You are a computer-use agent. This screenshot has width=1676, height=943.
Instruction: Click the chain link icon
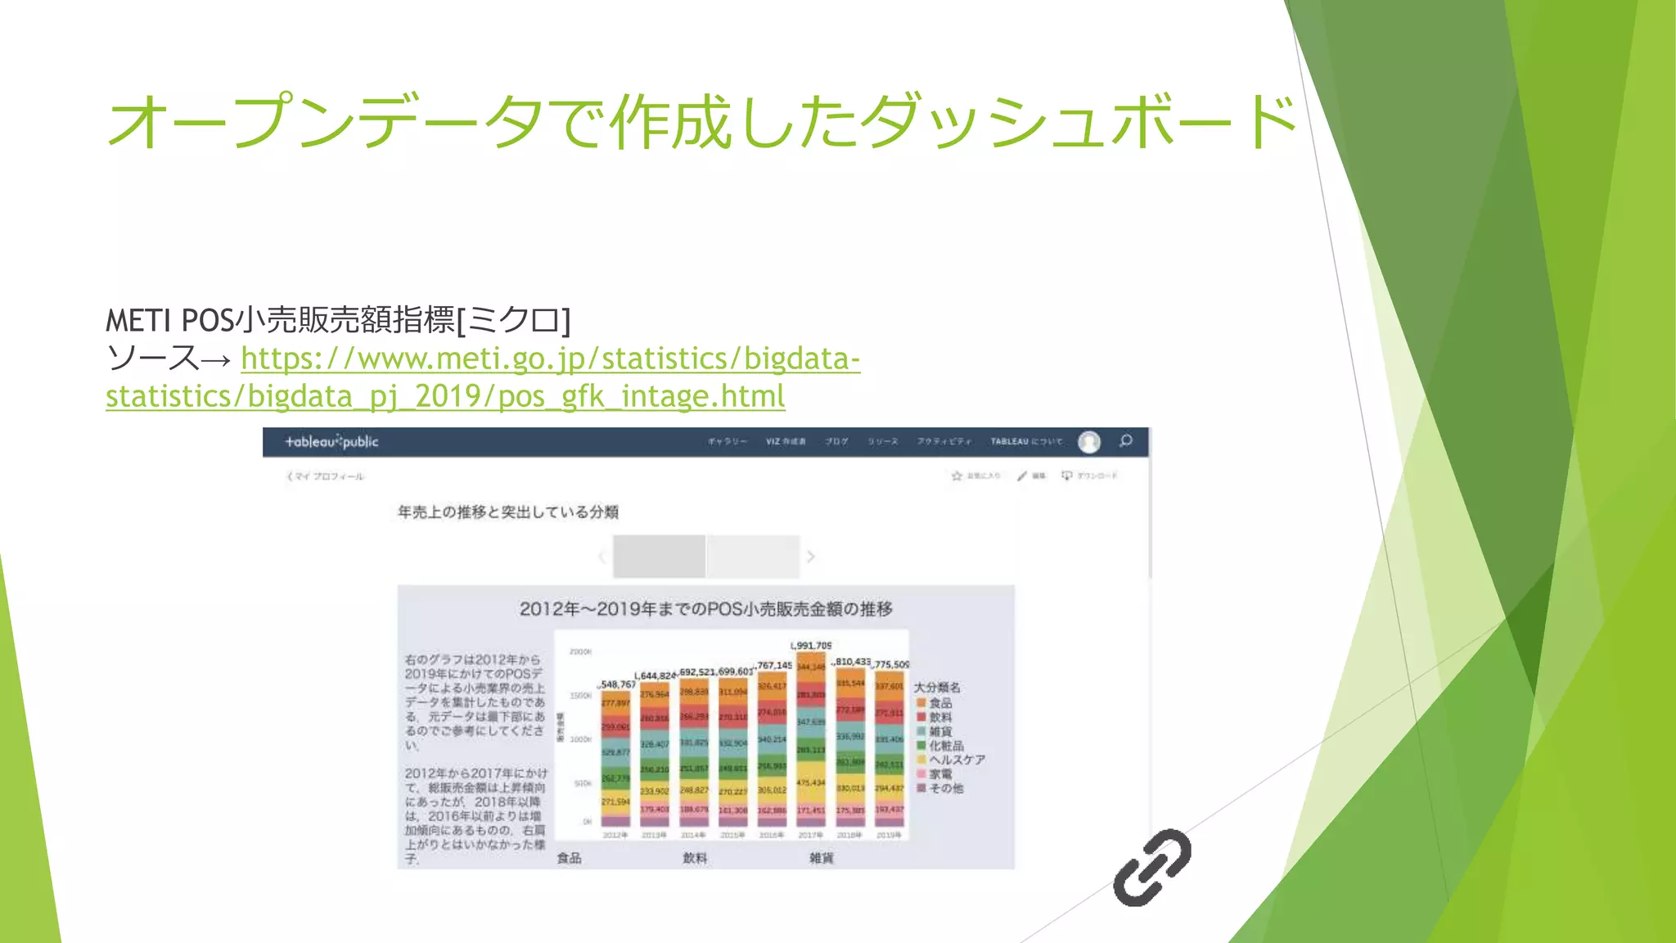(1151, 868)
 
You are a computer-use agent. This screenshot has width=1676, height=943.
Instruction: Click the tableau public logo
(331, 442)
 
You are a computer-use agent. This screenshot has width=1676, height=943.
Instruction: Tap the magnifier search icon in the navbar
(1126, 441)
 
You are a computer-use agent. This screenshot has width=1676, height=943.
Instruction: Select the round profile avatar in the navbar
(1089, 442)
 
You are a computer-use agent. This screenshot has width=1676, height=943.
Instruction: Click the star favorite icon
(957, 476)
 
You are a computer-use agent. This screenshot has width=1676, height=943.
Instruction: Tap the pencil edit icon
(1022, 476)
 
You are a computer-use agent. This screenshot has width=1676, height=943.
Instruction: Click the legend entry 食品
(939, 703)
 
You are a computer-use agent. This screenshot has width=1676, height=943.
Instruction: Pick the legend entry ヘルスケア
(956, 760)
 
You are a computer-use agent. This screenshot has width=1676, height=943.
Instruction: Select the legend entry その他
(945, 788)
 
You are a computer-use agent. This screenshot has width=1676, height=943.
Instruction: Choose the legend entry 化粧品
(945, 746)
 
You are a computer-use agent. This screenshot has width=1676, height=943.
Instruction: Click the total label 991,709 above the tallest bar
(811, 646)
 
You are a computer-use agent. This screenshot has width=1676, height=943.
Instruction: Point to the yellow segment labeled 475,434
(811, 783)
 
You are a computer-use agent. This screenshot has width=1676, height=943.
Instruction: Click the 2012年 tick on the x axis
(615, 835)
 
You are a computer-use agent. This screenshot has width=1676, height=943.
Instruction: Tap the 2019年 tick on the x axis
(889, 835)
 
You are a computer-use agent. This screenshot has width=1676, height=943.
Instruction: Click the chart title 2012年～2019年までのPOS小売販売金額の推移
(705, 609)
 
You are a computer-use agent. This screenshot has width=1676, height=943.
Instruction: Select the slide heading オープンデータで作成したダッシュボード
(702, 123)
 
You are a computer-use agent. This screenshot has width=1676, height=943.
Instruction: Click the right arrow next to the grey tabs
(811, 557)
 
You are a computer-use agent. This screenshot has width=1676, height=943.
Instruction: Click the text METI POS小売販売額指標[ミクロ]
(338, 320)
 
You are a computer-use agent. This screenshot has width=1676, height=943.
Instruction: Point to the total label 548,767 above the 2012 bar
(618, 684)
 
